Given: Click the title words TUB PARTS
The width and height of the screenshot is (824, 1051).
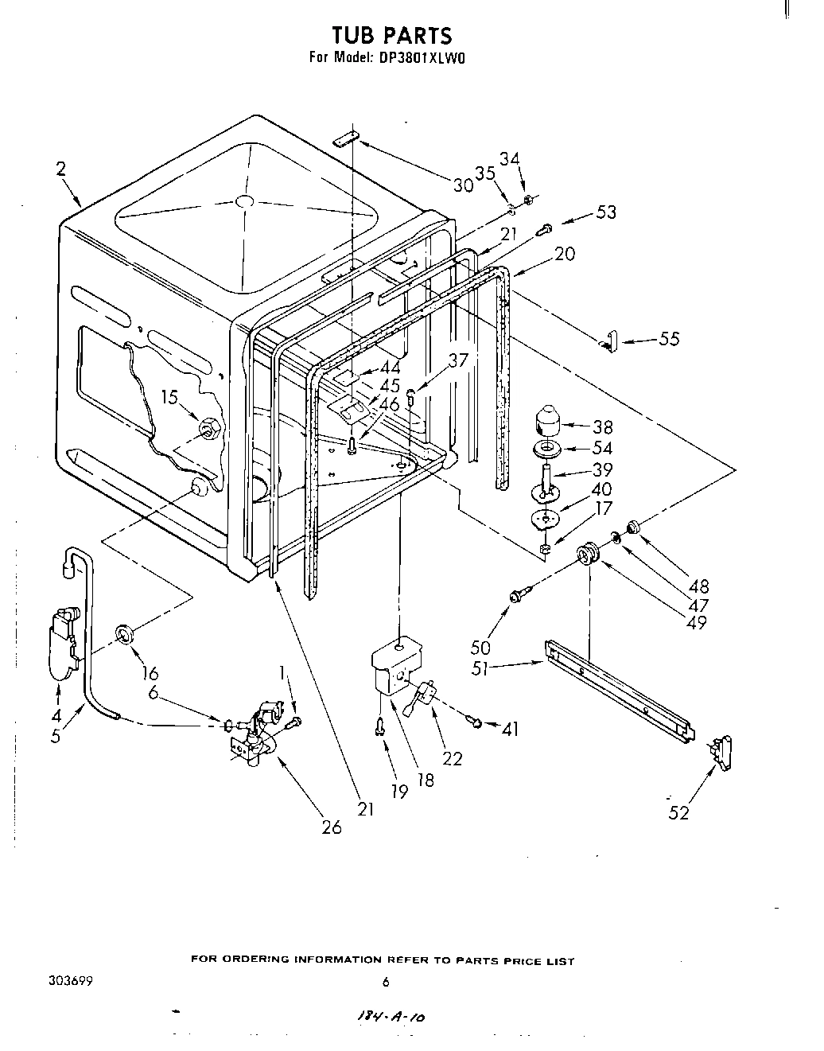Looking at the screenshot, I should (x=391, y=35).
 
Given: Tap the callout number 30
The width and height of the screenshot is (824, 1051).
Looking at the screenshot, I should (x=463, y=185).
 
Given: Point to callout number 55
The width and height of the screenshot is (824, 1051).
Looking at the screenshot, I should (x=669, y=339).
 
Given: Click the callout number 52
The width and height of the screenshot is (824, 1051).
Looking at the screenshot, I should (x=678, y=812).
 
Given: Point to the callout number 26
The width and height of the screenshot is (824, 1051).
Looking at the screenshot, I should (x=331, y=827).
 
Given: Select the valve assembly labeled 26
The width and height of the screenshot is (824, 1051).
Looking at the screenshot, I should (x=255, y=736).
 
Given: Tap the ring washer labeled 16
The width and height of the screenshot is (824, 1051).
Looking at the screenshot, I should (x=124, y=634).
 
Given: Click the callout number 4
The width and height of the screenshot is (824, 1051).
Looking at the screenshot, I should (x=55, y=714).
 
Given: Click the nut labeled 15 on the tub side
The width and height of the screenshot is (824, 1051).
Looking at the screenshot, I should (x=210, y=429).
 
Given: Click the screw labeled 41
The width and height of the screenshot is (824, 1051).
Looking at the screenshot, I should (x=476, y=722).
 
